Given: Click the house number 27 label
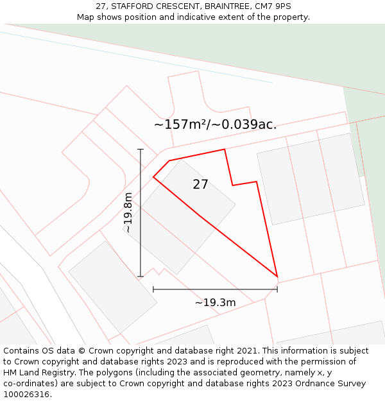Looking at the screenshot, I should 200,185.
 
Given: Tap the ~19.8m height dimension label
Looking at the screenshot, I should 128,212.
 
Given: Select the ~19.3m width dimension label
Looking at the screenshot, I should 215,302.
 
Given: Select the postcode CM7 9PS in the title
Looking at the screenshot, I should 271,6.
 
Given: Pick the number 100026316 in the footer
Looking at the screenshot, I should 26,395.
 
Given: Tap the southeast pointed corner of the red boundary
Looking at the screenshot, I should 277,277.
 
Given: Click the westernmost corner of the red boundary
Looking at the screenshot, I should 153,176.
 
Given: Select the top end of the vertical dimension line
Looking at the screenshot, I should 141,149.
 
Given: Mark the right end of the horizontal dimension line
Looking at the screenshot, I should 277,289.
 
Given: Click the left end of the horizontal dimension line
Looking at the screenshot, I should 153,289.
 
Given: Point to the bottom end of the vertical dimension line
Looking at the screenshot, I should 141,277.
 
